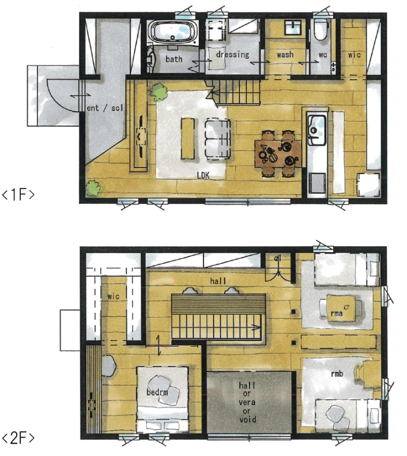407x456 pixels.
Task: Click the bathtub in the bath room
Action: tap(173, 32)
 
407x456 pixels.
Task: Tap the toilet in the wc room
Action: tap(320, 29)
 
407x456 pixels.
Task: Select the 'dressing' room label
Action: tap(232, 55)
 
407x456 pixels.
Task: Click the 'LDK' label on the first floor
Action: tap(203, 176)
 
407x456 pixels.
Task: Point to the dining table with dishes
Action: tap(278, 154)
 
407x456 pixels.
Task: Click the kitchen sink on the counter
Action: tap(317, 130)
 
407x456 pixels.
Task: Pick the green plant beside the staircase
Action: tap(159, 92)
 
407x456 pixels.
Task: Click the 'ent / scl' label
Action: tap(105, 108)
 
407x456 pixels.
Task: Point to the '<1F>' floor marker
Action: tap(18, 195)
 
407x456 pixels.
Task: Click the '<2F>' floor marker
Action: tap(18, 438)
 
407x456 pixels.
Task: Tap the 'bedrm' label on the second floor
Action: tap(157, 392)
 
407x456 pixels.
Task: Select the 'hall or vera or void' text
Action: tap(247, 402)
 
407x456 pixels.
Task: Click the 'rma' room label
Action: tap(336, 313)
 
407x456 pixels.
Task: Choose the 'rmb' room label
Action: tap(337, 374)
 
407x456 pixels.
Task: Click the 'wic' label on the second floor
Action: tap(113, 297)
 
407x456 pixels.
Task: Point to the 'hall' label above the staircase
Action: tap(218, 281)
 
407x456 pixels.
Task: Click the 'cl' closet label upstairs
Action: tap(277, 258)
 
